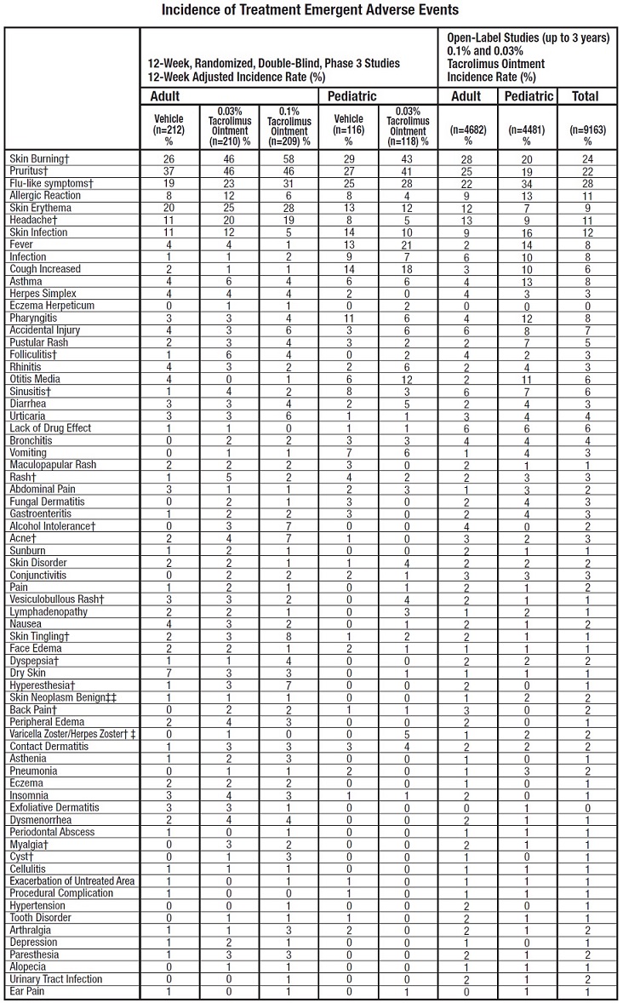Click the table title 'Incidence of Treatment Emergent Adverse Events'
(x=311, y=10)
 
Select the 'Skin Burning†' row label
(x=37, y=159)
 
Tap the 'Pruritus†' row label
(x=30, y=171)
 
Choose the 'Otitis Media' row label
(x=35, y=379)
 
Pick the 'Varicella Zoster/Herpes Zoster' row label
(x=72, y=735)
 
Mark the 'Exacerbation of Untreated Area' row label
(x=72, y=881)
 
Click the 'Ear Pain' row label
(x=27, y=991)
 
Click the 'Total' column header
(x=587, y=96)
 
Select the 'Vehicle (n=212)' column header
(x=169, y=125)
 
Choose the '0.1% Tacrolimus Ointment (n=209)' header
(x=288, y=125)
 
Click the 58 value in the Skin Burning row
(x=288, y=159)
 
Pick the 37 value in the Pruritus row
(x=169, y=171)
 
